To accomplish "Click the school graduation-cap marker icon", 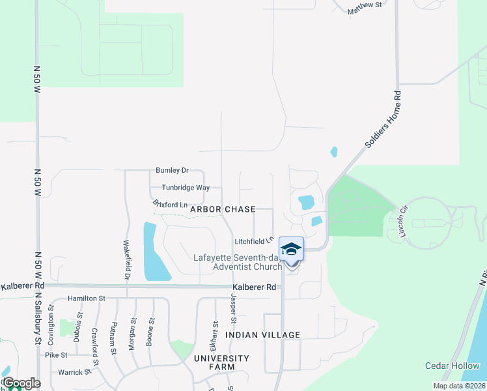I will (x=291, y=249).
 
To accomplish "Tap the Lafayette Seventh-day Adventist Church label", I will (x=238, y=262).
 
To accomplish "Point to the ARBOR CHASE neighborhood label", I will (x=222, y=210).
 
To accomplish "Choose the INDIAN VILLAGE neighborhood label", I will (x=262, y=335).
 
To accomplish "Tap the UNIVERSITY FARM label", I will (x=221, y=363).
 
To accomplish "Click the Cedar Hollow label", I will (x=452, y=366).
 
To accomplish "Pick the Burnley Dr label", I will (x=172, y=171).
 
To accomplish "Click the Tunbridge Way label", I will (x=186, y=188).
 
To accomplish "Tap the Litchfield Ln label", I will (x=251, y=241).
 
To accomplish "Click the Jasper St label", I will (x=232, y=306).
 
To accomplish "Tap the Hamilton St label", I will (x=87, y=298).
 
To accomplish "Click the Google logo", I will (x=21, y=383).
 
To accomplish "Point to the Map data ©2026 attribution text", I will (x=459, y=386).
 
